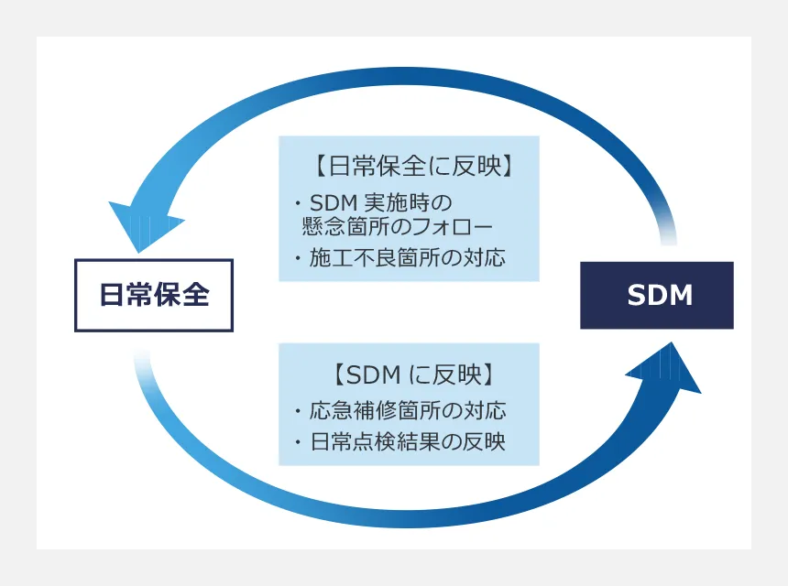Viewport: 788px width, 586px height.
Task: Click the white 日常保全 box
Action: (x=154, y=295)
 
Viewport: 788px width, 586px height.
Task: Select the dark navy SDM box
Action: (x=657, y=295)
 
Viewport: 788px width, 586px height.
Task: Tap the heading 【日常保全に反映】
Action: (x=414, y=166)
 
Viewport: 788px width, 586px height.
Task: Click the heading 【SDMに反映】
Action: (x=414, y=374)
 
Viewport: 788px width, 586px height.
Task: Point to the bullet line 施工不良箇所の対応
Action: (x=407, y=257)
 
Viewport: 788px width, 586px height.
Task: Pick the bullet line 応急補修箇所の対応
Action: (x=408, y=411)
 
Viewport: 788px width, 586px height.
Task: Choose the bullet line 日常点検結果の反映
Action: (x=408, y=441)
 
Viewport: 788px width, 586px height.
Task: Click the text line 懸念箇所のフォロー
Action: (x=397, y=227)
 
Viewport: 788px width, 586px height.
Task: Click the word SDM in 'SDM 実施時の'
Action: (x=334, y=203)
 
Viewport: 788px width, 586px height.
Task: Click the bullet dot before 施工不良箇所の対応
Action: (x=298, y=258)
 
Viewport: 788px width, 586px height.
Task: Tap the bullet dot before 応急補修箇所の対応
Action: (x=298, y=411)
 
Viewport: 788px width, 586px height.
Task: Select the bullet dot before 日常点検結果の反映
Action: (x=298, y=442)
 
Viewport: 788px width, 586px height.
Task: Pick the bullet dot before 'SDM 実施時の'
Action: (x=298, y=203)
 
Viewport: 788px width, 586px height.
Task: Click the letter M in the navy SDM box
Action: (x=682, y=295)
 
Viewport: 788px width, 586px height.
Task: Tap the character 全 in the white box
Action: (x=196, y=294)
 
